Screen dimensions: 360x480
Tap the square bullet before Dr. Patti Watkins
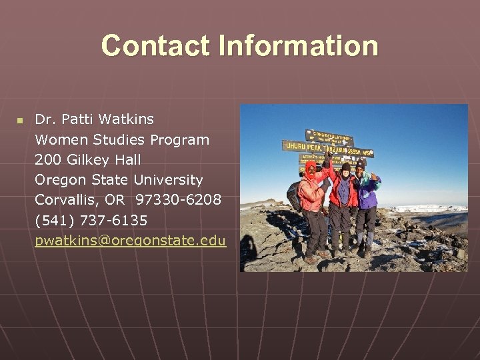[x=19, y=121]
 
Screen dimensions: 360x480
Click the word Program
[x=179, y=140]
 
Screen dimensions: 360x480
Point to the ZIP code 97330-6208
[x=178, y=200]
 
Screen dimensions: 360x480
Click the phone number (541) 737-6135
[x=91, y=220]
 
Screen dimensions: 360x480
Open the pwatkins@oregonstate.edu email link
[x=130, y=241]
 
